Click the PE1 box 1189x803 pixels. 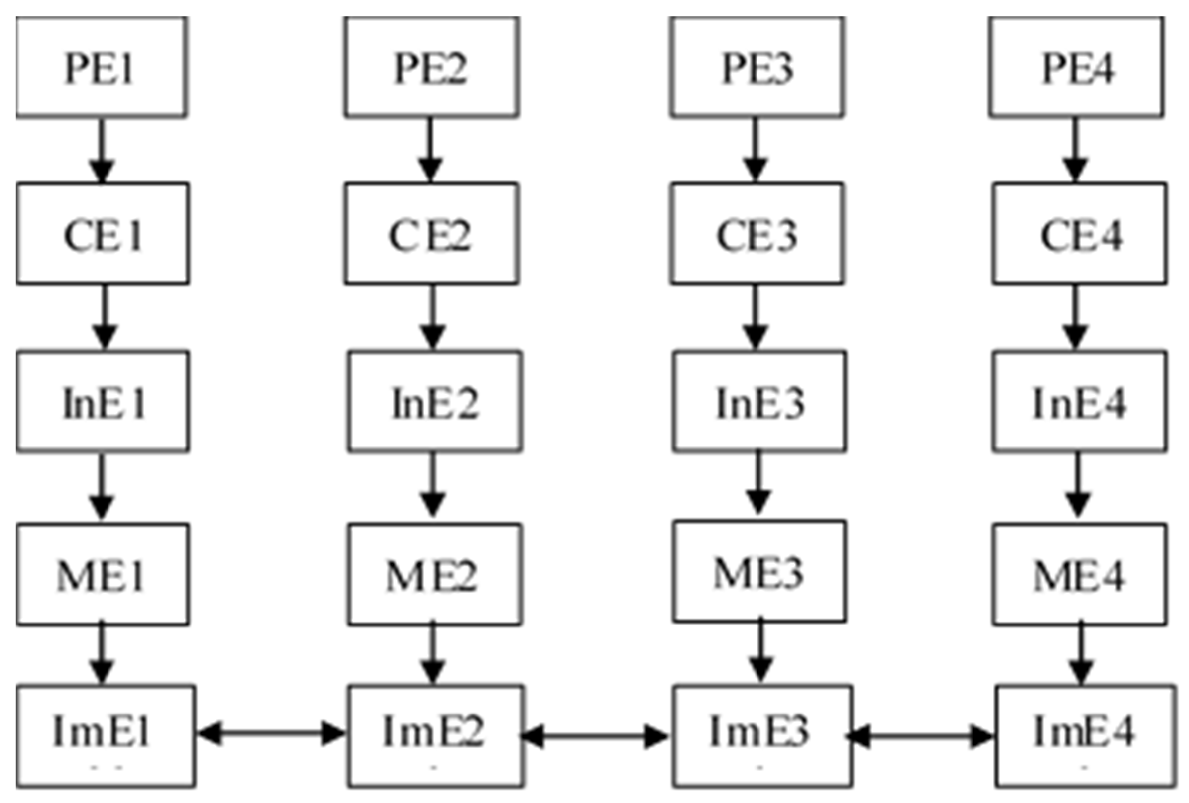tap(101, 67)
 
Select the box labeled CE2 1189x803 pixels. tap(431, 233)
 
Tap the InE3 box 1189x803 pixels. tap(758, 401)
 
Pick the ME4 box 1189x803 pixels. tap(1080, 574)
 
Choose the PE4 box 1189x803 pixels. tap(1077, 67)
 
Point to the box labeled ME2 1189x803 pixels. tap(435, 574)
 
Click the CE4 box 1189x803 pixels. tap(1080, 233)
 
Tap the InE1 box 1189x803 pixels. tap(103, 401)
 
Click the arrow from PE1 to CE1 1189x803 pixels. tap(102, 149)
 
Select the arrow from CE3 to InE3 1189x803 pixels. tap(756, 317)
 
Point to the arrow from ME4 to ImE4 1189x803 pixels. tap(1080, 654)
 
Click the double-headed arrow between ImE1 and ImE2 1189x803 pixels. tap(271, 733)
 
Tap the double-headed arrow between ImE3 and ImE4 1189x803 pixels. tap(919, 736)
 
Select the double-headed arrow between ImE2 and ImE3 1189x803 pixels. tap(595, 736)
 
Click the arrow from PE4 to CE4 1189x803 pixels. tap(1075, 149)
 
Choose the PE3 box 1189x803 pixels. tap(757, 67)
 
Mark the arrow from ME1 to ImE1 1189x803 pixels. tap(102, 654)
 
